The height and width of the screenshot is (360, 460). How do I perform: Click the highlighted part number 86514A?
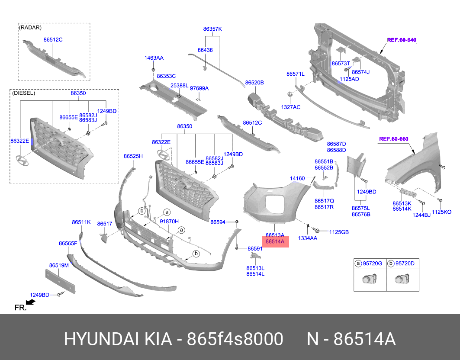[275, 242]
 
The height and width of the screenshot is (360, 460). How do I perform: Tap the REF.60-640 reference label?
[401, 40]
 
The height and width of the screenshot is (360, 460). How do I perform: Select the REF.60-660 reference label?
[393, 139]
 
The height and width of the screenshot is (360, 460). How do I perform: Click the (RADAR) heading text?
[30, 28]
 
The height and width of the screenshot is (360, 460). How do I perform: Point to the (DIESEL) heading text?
[24, 93]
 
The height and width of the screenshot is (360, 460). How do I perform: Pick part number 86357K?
[212, 29]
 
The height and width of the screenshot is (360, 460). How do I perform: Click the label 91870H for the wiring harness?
[169, 221]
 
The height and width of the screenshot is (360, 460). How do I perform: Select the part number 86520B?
[254, 82]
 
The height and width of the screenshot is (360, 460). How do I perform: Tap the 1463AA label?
[154, 58]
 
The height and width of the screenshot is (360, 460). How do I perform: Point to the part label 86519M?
[59, 265]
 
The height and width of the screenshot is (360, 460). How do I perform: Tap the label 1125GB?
[339, 232]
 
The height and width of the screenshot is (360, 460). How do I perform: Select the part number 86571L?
[296, 74]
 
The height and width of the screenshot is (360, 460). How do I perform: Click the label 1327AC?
[290, 106]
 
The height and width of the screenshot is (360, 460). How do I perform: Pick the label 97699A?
[199, 88]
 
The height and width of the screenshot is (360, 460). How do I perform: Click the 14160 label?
[297, 178]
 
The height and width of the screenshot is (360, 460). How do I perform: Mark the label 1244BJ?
[421, 215]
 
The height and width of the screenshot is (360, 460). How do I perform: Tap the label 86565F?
[68, 244]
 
